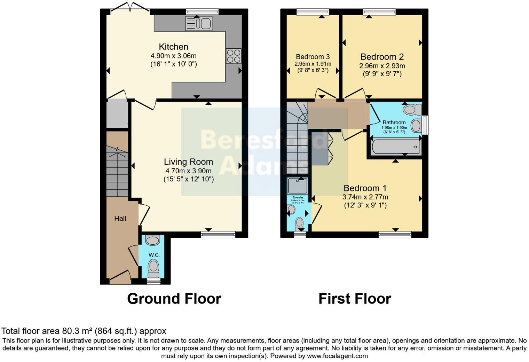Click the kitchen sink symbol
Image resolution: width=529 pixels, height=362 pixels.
pos(199,23)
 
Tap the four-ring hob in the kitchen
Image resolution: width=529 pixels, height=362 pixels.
pos(234,56)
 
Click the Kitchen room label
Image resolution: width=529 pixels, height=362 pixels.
pos(173,47)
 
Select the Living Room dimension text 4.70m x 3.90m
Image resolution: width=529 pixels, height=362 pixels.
pos(188,171)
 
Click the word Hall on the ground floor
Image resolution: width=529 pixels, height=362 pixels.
pos(120,219)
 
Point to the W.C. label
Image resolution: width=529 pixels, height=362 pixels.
pos(154,255)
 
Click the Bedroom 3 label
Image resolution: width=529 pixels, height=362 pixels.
pos(313,57)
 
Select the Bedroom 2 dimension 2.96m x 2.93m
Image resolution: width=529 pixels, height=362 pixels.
pos(382,66)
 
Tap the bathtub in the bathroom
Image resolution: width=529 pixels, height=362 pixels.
pos(395,147)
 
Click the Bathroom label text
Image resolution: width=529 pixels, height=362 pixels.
pos(394,123)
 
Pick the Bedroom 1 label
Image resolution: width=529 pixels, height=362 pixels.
pos(365,188)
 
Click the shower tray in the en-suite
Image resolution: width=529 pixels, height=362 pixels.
pos(298,186)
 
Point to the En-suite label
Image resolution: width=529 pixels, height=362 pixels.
pos(298,197)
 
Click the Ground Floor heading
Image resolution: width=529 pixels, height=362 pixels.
pos(174,299)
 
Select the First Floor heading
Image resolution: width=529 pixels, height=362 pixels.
pos(355,299)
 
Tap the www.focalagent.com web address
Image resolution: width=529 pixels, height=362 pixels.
pos(337,356)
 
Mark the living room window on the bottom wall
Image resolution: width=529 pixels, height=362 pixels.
pos(218,235)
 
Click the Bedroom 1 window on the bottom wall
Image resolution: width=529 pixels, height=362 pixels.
pos(395,235)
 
